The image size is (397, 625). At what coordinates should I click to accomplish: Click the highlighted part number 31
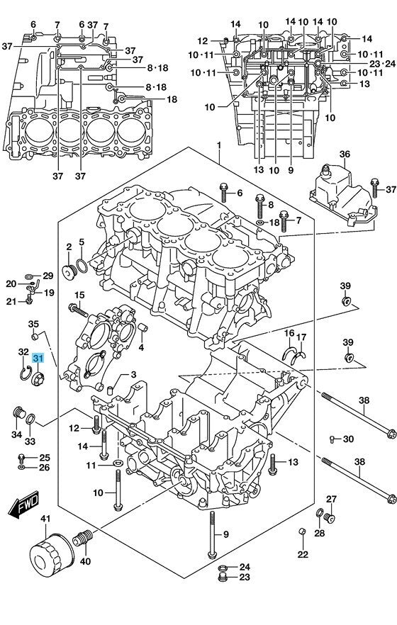pos(38,358)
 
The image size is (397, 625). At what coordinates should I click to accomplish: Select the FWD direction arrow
pos(24,504)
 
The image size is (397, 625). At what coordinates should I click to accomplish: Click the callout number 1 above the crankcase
pos(219,145)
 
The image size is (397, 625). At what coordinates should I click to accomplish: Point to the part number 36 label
pos(345,154)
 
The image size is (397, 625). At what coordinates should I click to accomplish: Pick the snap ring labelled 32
pos(26,372)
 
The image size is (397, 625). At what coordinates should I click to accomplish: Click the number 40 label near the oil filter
pos(85,561)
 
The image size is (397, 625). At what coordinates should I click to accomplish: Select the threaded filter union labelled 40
pos(82,539)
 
